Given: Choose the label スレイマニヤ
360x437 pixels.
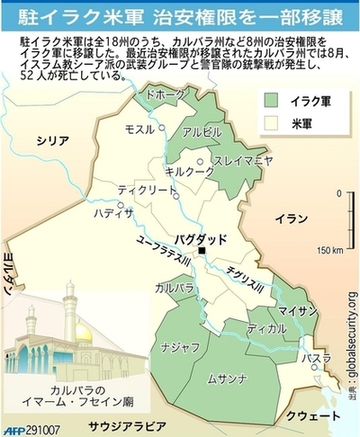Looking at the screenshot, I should (x=242, y=162).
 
